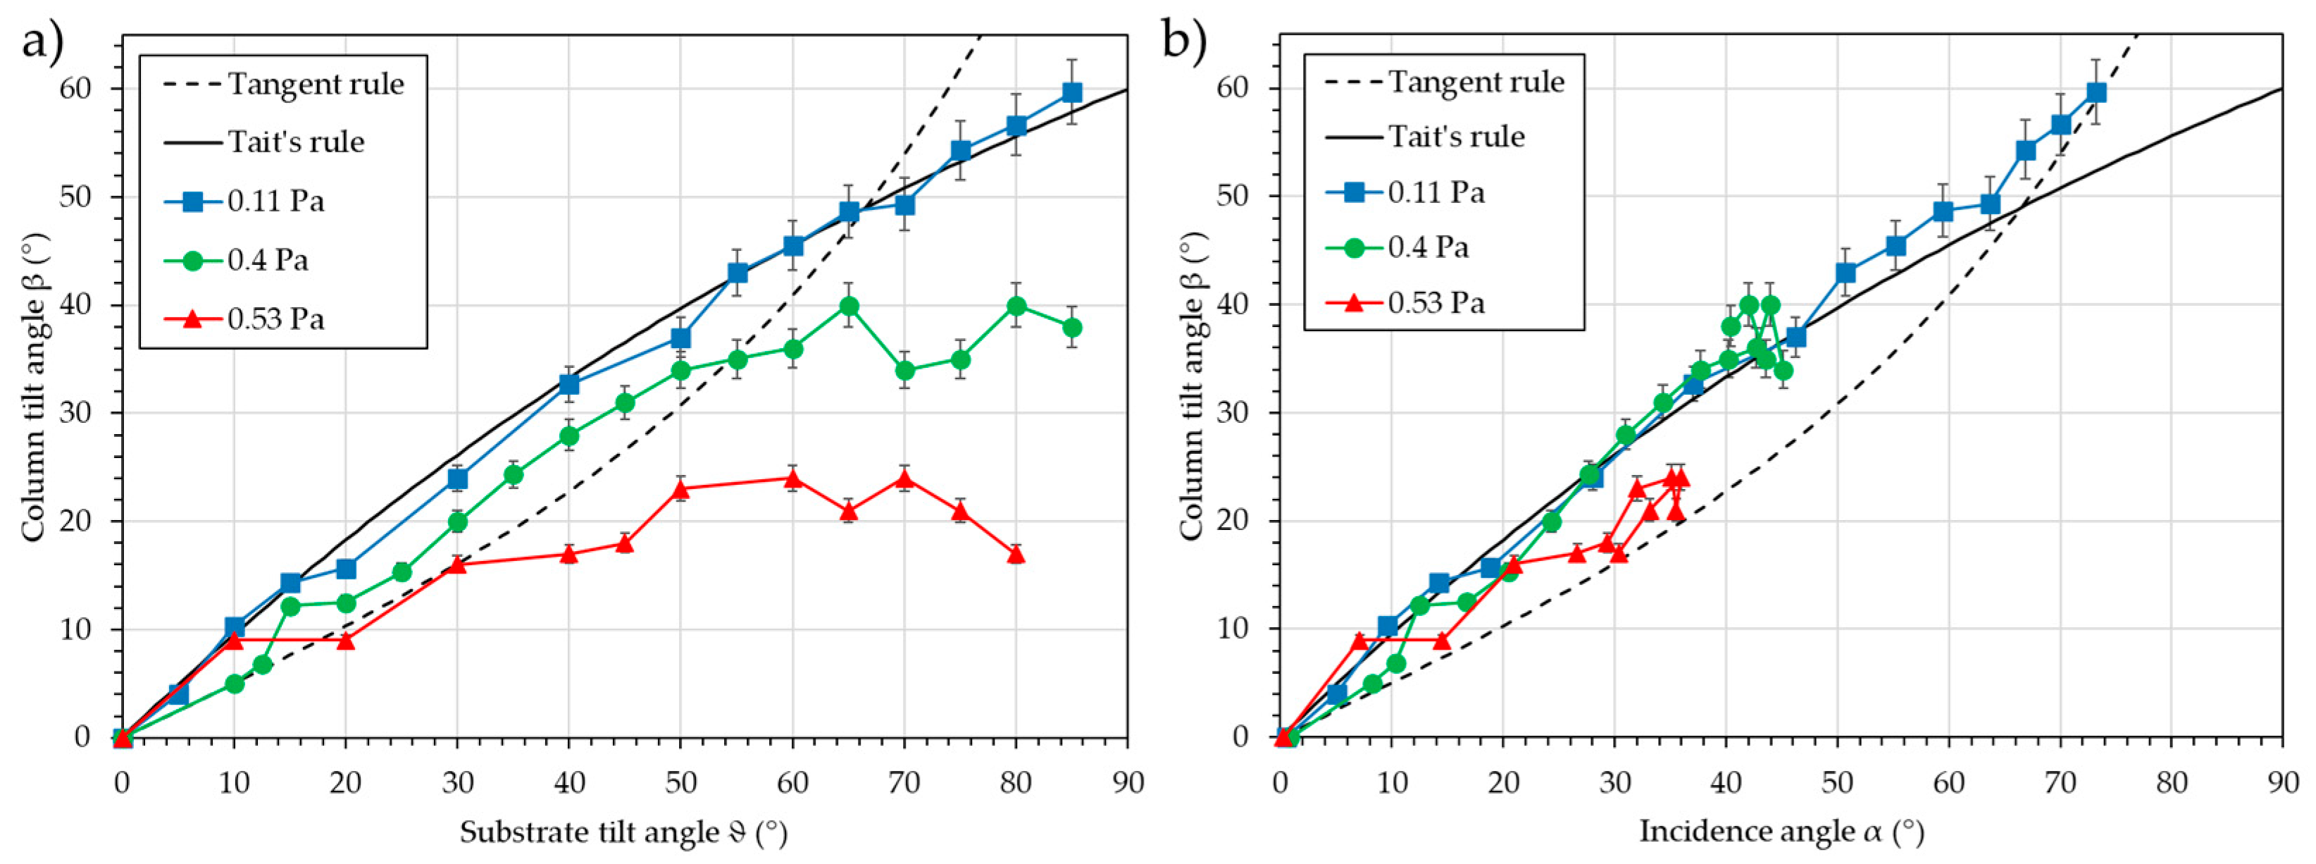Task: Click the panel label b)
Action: pos(1185,40)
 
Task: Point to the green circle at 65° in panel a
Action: pos(849,307)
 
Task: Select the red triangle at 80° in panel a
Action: pos(1016,555)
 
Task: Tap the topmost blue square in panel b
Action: pos(2096,92)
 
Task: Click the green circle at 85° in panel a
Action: pos(1071,327)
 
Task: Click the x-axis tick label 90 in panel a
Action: pos(1128,783)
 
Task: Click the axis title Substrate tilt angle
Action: pos(623,832)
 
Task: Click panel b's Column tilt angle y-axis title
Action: pos(1190,387)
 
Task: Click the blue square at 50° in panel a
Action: pos(680,339)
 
